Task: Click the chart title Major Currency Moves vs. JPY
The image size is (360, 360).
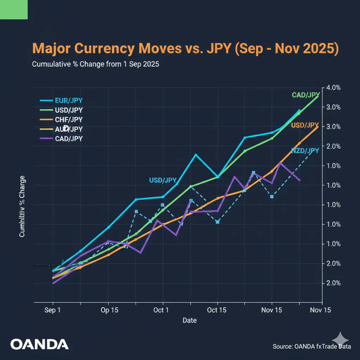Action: [185, 49]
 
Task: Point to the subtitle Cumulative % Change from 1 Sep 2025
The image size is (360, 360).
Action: [95, 65]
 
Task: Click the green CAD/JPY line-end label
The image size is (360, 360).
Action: [306, 95]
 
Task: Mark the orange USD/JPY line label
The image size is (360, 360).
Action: [305, 125]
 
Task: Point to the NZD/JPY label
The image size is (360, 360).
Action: [305, 151]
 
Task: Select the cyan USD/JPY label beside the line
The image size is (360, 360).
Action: [163, 180]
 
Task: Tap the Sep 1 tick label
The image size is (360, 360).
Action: [53, 310]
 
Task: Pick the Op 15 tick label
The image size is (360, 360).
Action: [109, 310]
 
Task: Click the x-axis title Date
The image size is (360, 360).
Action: [189, 320]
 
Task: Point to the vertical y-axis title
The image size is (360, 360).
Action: [22, 206]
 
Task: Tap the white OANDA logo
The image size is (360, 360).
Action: [39, 344]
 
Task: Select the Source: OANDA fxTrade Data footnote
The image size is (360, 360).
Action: [311, 346]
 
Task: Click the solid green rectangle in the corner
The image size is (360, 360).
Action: [14, 9]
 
